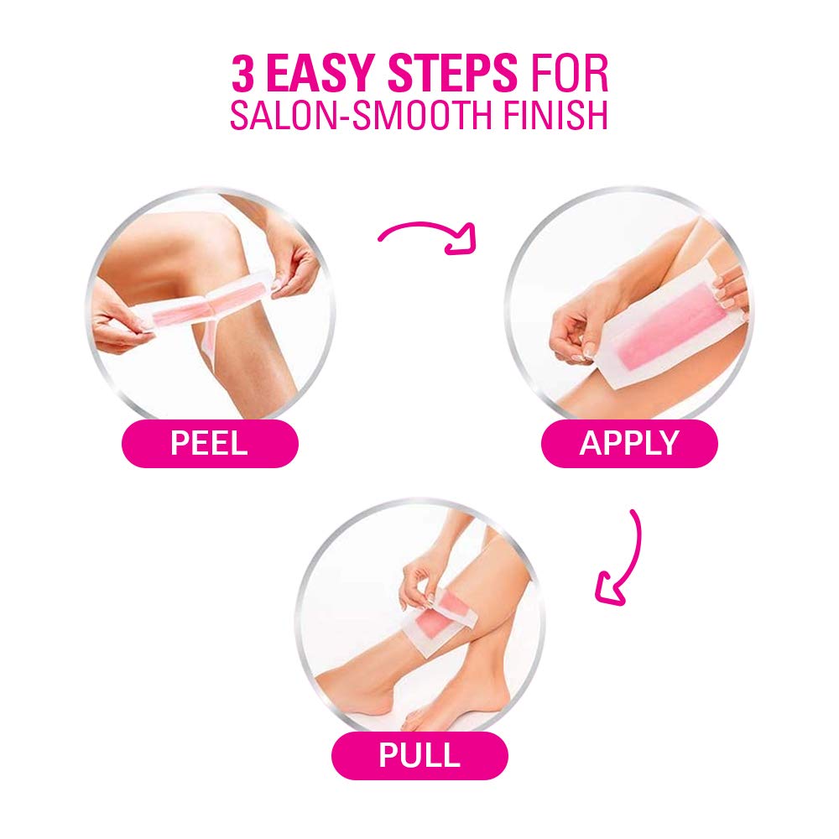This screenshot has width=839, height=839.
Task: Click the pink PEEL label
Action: pyautogui.click(x=210, y=443)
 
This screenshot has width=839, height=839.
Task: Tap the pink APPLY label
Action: pyautogui.click(x=629, y=443)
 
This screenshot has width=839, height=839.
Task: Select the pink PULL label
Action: pyautogui.click(x=419, y=755)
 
